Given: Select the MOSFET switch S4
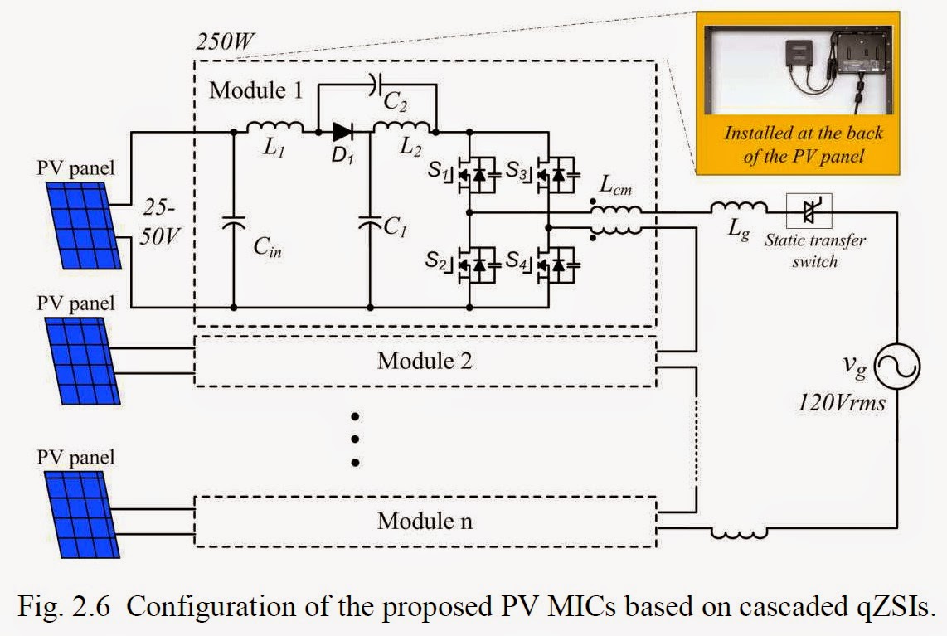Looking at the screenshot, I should point(555,264).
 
